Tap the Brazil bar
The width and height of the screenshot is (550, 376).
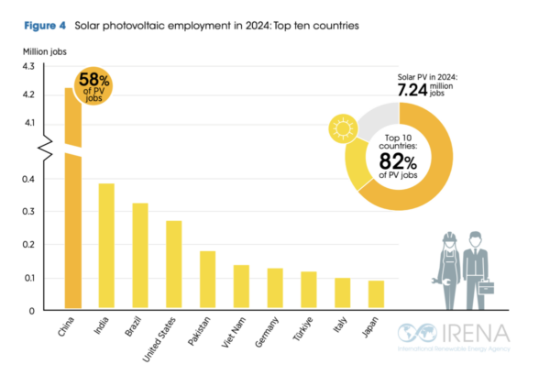[x=140, y=256]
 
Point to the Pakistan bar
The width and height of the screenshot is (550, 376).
[x=207, y=280]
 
